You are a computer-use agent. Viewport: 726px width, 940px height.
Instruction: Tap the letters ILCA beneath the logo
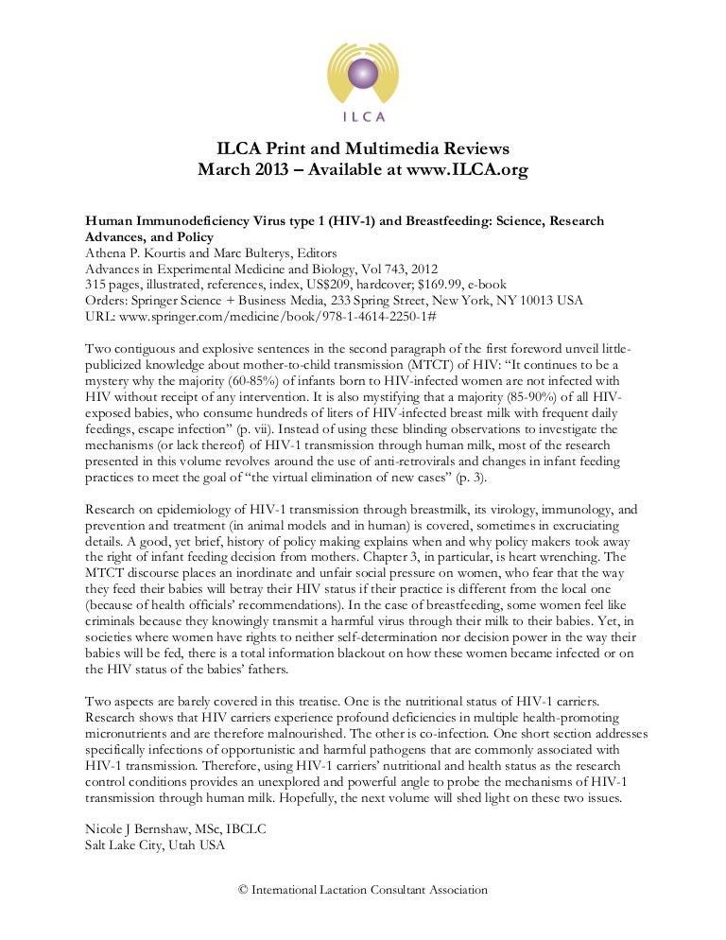pos(363,118)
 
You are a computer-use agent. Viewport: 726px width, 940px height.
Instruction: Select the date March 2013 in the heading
pos(253,170)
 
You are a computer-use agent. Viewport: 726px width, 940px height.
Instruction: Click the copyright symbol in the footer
pos(243,890)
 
